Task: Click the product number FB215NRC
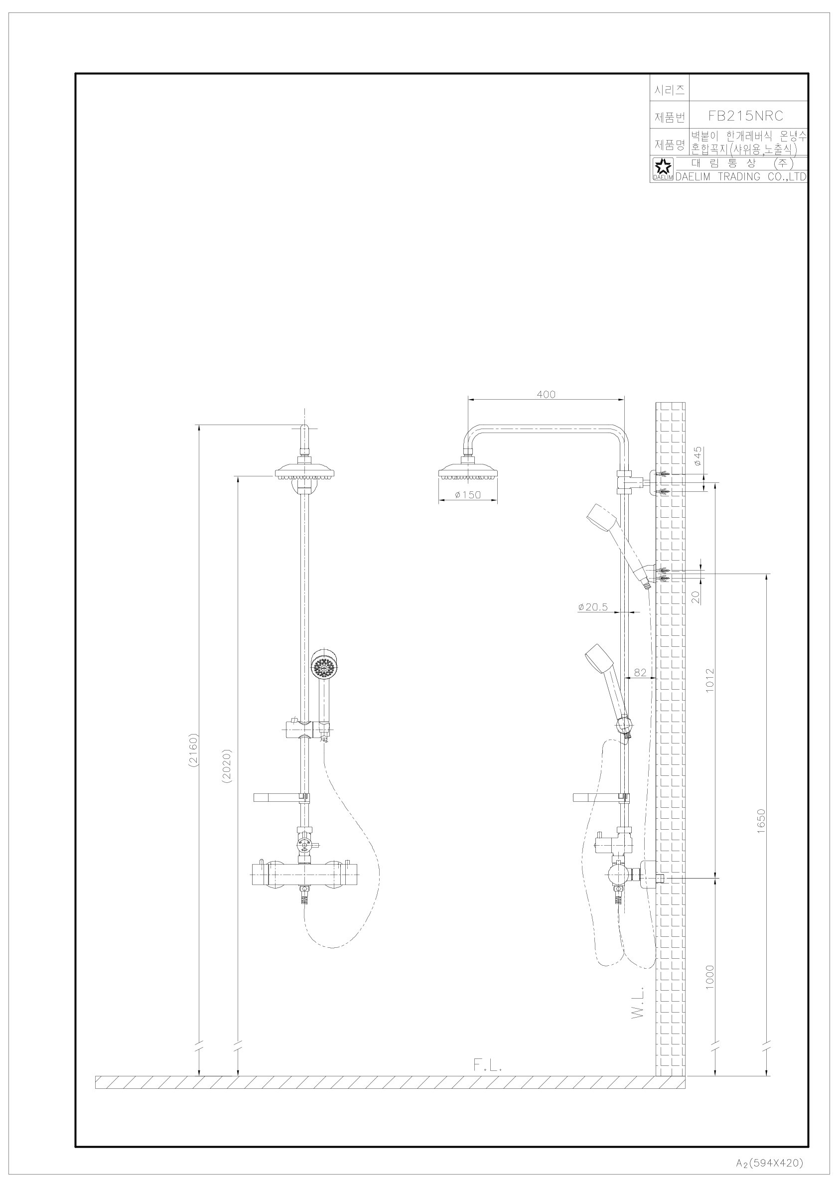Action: [x=745, y=116]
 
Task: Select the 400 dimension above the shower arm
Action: [x=546, y=395]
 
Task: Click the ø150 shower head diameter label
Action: [x=468, y=495]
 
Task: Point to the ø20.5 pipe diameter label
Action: [x=593, y=607]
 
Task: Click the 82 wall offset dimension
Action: [x=640, y=672]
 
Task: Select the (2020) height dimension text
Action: [x=226, y=767]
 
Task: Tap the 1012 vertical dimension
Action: [x=710, y=680]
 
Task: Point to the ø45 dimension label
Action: [x=698, y=457]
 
